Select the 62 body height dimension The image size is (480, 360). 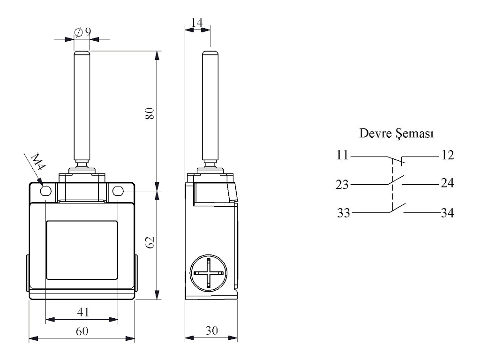pos(150,242)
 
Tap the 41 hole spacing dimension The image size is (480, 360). pos(82,312)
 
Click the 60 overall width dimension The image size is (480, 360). pos(82,331)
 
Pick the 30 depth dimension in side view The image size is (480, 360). pos(212,330)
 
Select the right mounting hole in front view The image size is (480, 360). pos(118,191)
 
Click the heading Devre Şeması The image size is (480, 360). pos(396,134)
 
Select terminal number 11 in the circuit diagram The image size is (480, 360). pos(343,155)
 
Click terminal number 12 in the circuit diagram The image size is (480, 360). pos(447,155)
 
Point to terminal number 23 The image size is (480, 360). pos(343,185)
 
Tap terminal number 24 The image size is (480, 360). pos(447,183)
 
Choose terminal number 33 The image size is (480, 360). pos(345,213)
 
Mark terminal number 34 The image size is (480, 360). pos(447,213)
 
